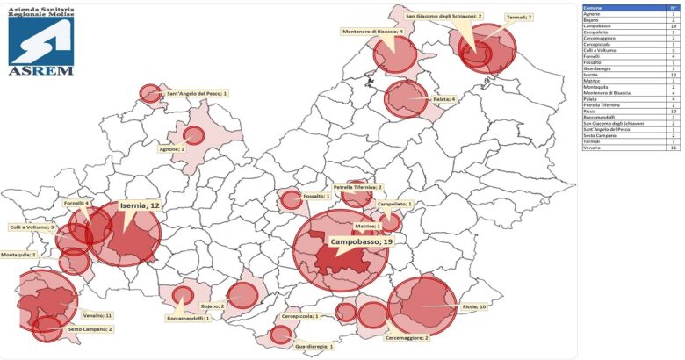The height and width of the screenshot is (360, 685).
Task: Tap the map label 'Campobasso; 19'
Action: point(361,241)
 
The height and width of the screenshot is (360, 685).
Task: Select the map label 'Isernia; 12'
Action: point(140,205)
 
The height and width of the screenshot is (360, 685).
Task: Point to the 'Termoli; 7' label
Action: point(518,18)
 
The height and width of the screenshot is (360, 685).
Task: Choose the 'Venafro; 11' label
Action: point(97,314)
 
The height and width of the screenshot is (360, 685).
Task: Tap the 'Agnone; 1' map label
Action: point(171,149)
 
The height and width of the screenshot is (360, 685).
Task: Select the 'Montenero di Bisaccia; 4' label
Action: point(372,32)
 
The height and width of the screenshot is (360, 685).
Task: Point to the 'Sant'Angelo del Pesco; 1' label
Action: point(197,93)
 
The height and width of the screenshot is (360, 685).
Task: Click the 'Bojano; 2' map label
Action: point(211,306)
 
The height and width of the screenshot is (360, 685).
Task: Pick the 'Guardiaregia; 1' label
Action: point(314,346)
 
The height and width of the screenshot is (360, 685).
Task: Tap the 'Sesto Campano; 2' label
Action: point(85,329)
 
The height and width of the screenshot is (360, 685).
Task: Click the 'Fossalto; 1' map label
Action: point(316,196)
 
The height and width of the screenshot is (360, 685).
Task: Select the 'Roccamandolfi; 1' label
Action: point(188,319)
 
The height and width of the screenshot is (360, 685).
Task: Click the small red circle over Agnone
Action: point(193,135)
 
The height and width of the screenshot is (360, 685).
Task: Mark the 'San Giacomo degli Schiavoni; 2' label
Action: point(443,16)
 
